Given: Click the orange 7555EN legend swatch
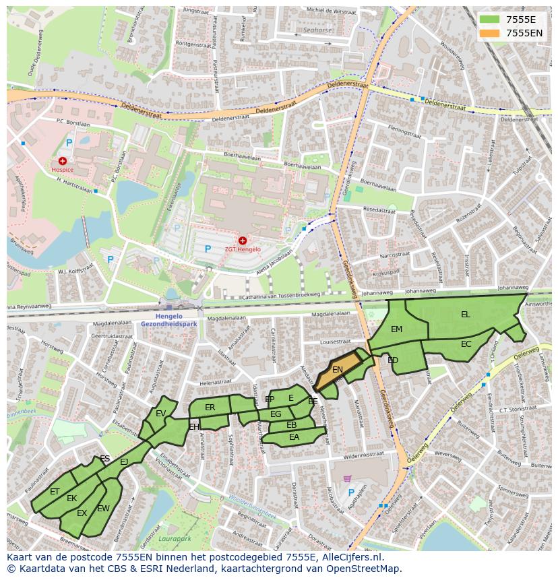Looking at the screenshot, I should pyautogui.click(x=490, y=32).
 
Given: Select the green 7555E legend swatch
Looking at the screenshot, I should pyautogui.click(x=490, y=20).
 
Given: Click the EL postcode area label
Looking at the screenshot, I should pyautogui.click(x=466, y=315).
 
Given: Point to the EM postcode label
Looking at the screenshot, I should pyautogui.click(x=396, y=329).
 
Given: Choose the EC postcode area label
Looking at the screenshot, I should pyautogui.click(x=466, y=344).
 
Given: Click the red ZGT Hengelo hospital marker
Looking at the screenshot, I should pyautogui.click(x=243, y=240).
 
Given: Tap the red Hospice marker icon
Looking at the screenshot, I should pyautogui.click(x=63, y=161).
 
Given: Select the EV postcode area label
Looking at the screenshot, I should pyautogui.click(x=160, y=414).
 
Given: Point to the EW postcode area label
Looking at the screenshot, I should pyautogui.click(x=103, y=508).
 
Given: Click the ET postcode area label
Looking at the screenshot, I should pyautogui.click(x=55, y=492).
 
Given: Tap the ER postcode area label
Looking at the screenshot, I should pyautogui.click(x=210, y=408).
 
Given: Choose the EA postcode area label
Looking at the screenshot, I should pyautogui.click(x=294, y=437).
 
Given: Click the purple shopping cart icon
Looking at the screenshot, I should pyautogui.click(x=347, y=478).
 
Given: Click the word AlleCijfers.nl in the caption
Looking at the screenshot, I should pyautogui.click(x=350, y=557).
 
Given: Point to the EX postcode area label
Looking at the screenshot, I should pyautogui.click(x=82, y=513).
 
